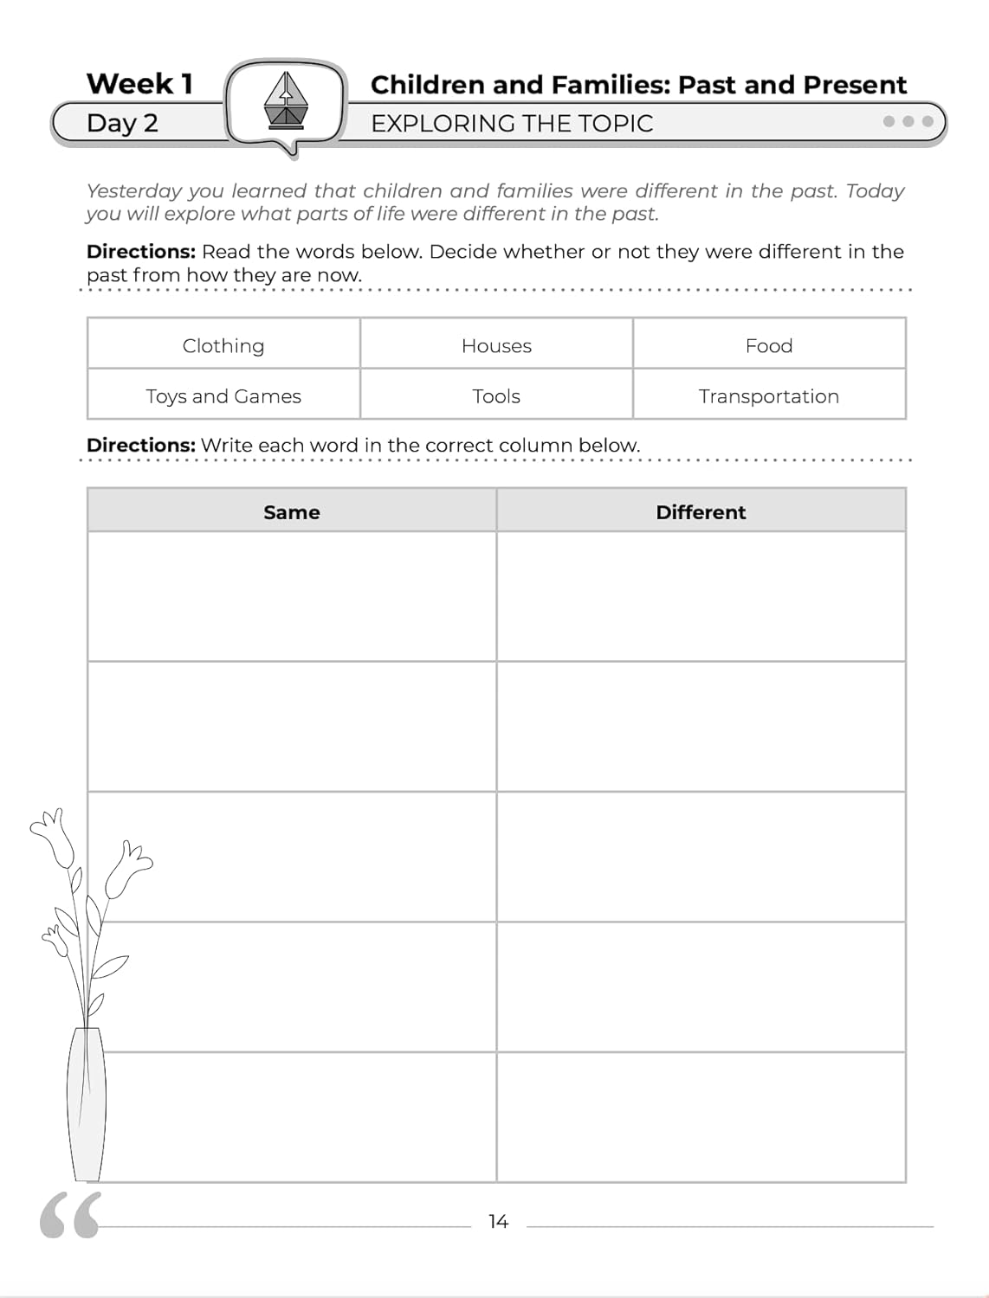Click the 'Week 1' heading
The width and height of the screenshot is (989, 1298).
pyautogui.click(x=139, y=84)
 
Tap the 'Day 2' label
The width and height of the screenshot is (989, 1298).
pyautogui.click(x=122, y=123)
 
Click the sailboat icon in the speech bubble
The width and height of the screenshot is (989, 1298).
pyautogui.click(x=286, y=100)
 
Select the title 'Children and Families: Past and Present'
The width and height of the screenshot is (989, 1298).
pyautogui.click(x=638, y=85)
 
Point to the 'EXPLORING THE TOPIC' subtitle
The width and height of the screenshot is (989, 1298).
pyautogui.click(x=512, y=124)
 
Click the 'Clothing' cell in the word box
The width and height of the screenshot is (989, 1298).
pyautogui.click(x=223, y=345)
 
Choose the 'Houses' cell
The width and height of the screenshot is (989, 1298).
pyautogui.click(x=496, y=345)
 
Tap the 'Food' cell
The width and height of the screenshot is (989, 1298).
pyautogui.click(x=769, y=345)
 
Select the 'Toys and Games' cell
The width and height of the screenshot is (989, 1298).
pyautogui.click(x=223, y=396)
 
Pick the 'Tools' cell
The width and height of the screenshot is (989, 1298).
pyautogui.click(x=496, y=396)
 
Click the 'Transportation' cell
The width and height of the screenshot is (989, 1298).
pyautogui.click(x=769, y=396)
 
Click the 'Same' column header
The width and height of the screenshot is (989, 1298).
pyautogui.click(x=292, y=512)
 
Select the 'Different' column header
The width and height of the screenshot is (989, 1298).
pyautogui.click(x=701, y=512)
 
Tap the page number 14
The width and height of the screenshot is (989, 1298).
pyautogui.click(x=498, y=1222)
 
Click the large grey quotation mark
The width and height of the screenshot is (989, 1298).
pyautogui.click(x=70, y=1215)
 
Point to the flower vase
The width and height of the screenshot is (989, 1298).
pyautogui.click(x=87, y=1103)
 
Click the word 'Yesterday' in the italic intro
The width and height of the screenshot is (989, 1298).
pyautogui.click(x=136, y=191)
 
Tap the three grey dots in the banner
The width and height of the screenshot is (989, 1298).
pyautogui.click(x=908, y=121)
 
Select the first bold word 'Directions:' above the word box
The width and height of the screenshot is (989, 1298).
pyautogui.click(x=141, y=252)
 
